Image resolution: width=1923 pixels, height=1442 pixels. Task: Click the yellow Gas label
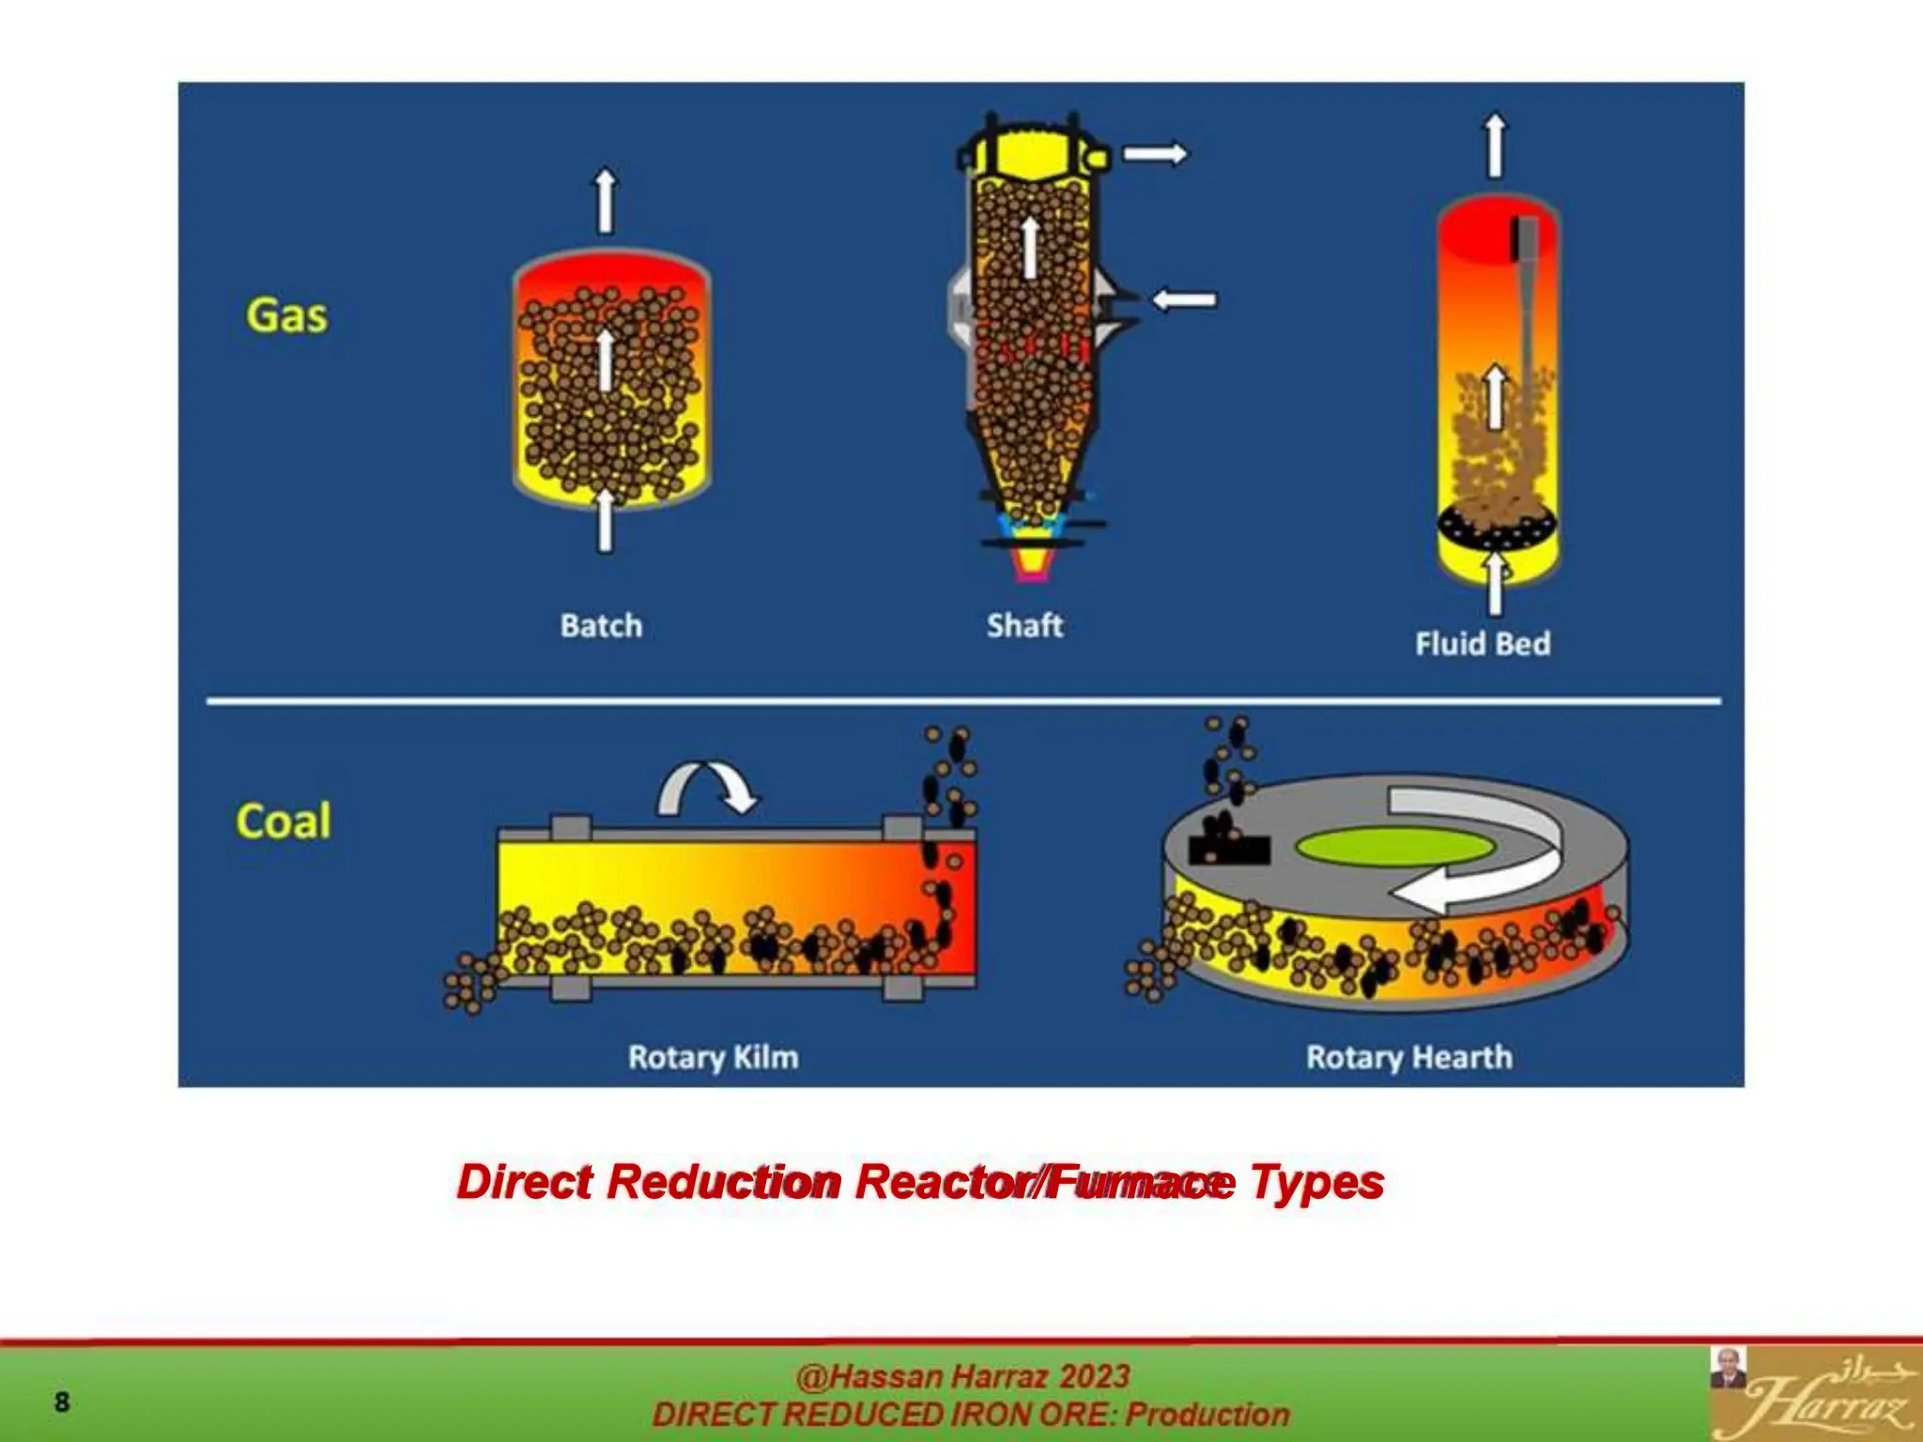pyautogui.click(x=286, y=315)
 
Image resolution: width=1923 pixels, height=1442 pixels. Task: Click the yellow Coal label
pyautogui.click(x=284, y=821)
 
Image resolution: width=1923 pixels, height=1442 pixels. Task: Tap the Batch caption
pyautogui.click(x=601, y=625)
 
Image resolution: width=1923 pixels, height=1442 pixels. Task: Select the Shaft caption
pyautogui.click(x=1024, y=625)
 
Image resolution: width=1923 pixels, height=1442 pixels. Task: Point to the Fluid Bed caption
pyautogui.click(x=1483, y=644)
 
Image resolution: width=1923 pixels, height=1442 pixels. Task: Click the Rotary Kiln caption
pyautogui.click(x=713, y=1057)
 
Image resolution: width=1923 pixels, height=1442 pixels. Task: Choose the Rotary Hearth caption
pyautogui.click(x=1408, y=1057)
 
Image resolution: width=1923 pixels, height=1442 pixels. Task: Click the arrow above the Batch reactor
pyautogui.click(x=606, y=200)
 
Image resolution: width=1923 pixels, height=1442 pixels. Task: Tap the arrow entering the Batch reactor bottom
pyautogui.click(x=605, y=521)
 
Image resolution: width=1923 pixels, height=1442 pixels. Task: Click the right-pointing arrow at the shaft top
pyautogui.click(x=1155, y=153)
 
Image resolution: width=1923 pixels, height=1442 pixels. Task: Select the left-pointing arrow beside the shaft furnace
pyautogui.click(x=1184, y=299)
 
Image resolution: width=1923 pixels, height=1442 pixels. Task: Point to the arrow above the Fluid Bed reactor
pyautogui.click(x=1495, y=146)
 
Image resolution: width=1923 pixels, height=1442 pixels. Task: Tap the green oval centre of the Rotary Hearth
pyautogui.click(x=1394, y=847)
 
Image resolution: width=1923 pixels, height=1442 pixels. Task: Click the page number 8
pyautogui.click(x=62, y=1402)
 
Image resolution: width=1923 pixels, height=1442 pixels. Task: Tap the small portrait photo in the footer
pyautogui.click(x=1728, y=1368)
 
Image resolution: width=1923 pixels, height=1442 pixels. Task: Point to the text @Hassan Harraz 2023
pyautogui.click(x=962, y=1376)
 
